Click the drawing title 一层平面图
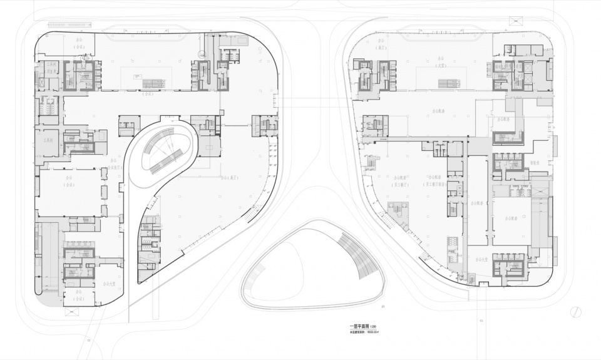361,326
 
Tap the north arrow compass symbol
576,311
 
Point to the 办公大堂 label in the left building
111,284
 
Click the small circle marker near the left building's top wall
201,54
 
